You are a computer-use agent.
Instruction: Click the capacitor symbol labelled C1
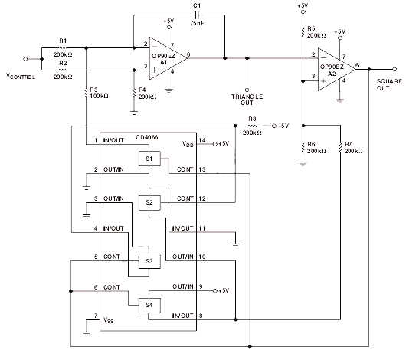198,15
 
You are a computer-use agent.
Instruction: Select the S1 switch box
149,159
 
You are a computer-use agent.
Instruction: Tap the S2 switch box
149,202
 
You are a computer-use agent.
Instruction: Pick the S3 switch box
149,261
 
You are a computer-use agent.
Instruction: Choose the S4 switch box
149,306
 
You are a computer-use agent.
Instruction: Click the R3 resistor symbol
87,93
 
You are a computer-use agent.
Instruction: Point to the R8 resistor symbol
252,126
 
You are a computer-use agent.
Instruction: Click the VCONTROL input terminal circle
25,59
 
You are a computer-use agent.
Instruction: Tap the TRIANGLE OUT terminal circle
247,90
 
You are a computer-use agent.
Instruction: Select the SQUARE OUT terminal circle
395,69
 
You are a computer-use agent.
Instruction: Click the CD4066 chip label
147,137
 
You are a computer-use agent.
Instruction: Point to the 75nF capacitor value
197,23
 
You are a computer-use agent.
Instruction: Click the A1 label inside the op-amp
164,62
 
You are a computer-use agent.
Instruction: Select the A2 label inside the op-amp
332,74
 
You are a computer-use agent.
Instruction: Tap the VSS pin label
109,320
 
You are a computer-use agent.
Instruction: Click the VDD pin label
188,144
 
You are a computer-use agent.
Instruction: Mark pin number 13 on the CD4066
202,169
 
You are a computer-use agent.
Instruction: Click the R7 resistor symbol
340,148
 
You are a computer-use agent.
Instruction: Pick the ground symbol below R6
303,163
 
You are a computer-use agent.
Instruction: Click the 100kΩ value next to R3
99,96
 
